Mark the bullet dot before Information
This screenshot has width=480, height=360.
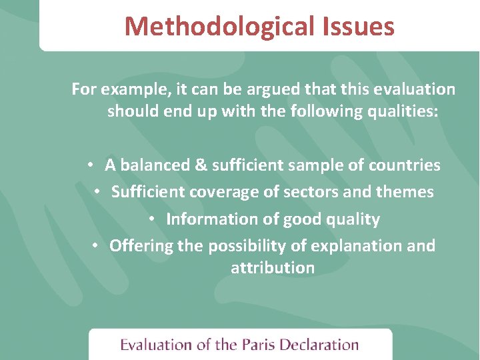[x=152, y=219]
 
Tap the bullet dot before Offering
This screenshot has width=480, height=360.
[x=96, y=246]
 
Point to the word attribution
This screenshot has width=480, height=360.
[x=272, y=268]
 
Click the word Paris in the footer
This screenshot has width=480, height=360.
[x=258, y=345]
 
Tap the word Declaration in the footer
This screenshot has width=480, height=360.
[x=319, y=345]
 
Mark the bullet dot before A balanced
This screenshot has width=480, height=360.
[x=90, y=165]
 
